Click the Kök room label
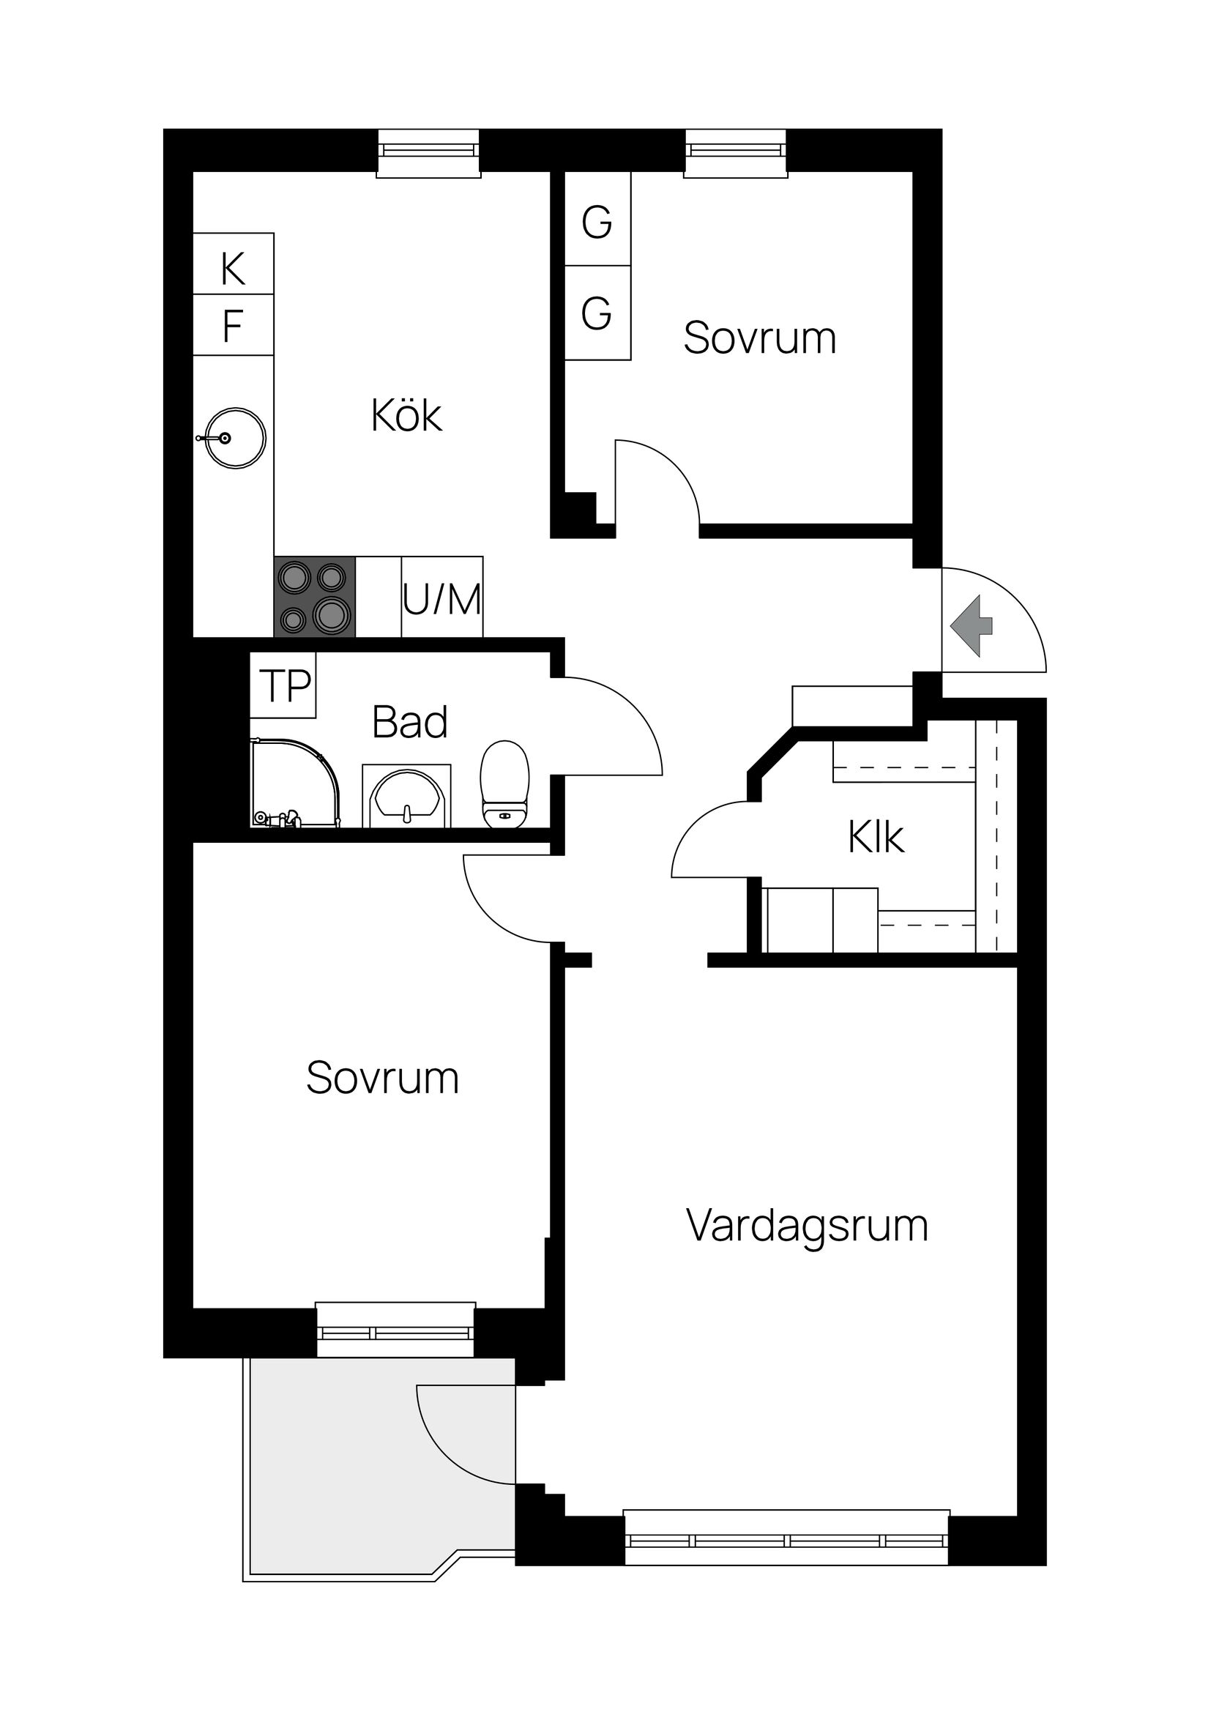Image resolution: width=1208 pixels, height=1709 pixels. point(406,416)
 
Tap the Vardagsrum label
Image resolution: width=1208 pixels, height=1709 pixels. point(807,1226)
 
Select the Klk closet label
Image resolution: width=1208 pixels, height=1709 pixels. point(876,838)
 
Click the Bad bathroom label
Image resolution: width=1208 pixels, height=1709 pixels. point(409,722)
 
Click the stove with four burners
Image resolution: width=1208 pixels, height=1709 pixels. point(314,597)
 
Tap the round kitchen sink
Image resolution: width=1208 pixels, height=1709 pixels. point(234,439)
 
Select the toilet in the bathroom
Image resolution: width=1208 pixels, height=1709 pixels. point(504,784)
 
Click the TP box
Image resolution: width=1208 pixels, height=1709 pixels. point(283,685)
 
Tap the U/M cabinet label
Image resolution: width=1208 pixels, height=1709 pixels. point(442,598)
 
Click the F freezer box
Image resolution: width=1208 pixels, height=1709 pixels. point(233,326)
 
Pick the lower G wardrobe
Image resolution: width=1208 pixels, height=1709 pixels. point(597,313)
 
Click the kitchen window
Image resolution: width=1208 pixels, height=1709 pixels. point(428,153)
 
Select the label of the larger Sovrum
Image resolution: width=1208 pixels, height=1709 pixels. point(382,1077)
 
